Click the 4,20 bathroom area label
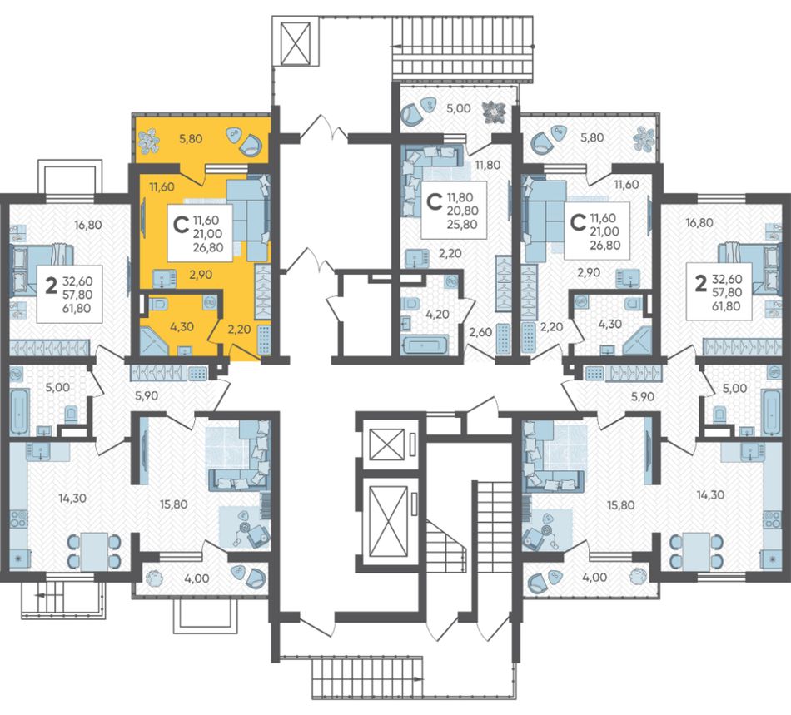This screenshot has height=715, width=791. (437, 314)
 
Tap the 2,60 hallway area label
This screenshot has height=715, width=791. (480, 332)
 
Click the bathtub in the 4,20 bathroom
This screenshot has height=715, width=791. (425, 345)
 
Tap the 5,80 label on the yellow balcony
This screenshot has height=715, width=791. (191, 138)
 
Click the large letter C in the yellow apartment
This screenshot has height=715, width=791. (181, 226)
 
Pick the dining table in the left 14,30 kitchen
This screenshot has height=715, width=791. (94, 551)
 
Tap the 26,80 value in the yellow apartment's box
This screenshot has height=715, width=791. (208, 247)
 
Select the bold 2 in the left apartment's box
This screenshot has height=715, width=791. (51, 286)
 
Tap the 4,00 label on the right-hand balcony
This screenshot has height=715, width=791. (594, 578)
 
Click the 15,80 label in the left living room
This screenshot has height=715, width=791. (173, 504)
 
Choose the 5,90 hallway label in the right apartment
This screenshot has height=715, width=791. (643, 396)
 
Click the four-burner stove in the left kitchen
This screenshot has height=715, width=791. (18, 525)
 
